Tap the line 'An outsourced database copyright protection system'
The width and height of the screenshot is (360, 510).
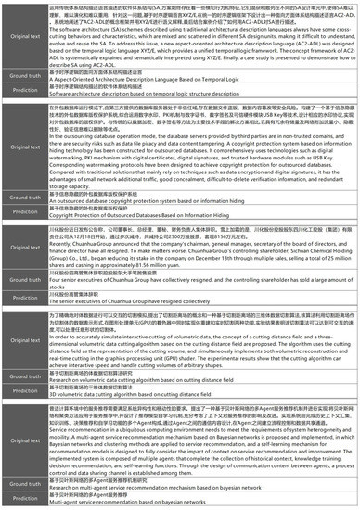pos(129,225)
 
